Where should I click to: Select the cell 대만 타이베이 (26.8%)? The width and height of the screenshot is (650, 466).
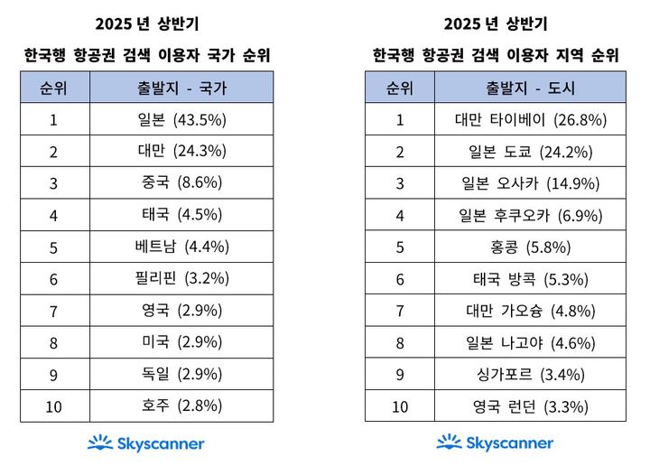(530, 119)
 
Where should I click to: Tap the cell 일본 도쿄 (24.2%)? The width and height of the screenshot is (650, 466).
(530, 151)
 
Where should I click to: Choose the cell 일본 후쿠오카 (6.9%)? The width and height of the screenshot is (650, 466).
(530, 215)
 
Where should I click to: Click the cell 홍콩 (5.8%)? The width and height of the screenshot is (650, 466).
(530, 247)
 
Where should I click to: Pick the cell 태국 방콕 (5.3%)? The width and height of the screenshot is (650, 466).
(530, 278)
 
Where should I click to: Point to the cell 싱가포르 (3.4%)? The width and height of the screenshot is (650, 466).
(530, 374)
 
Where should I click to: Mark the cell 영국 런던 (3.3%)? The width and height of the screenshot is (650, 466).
(530, 406)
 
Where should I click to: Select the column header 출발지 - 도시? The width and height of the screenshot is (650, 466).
(530, 88)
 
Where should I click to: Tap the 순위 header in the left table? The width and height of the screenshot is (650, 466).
(53, 88)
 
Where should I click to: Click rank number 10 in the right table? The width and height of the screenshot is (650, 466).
(399, 406)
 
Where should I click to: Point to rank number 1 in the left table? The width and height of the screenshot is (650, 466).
(53, 119)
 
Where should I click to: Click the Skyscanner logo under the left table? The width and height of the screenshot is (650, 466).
(146, 443)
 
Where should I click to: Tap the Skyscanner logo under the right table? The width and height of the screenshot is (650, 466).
(495, 443)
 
